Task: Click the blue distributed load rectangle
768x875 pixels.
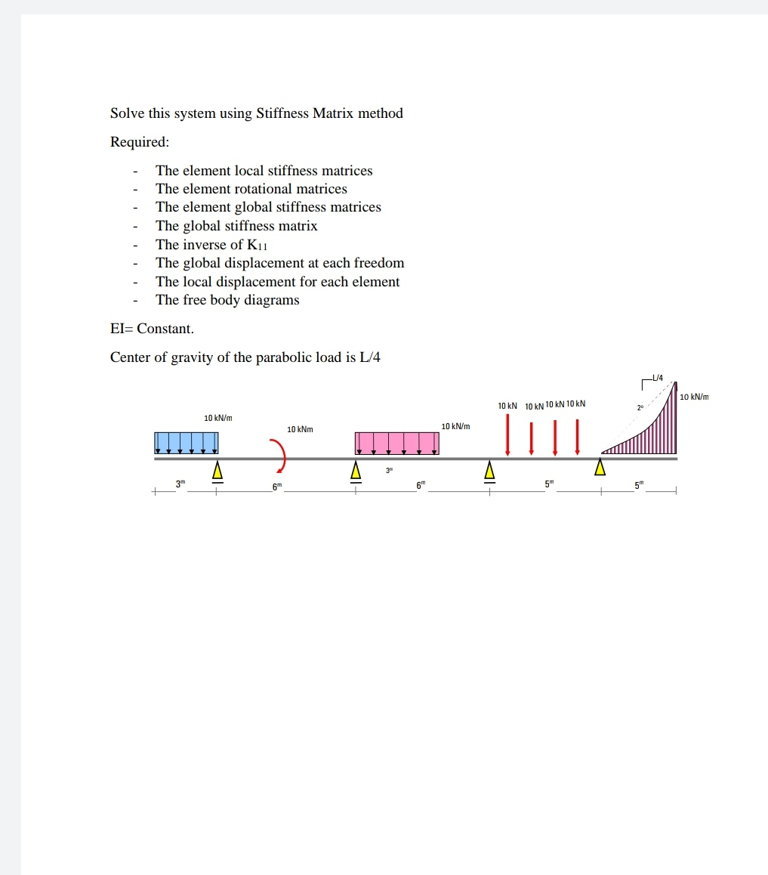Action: tap(186, 443)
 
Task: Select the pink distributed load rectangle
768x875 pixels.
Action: tap(396, 444)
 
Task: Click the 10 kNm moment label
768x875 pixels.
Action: tap(300, 429)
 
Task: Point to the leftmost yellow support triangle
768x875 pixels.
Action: tap(217, 470)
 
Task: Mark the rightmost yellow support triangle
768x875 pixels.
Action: tap(600, 467)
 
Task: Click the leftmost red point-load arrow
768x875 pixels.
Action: tap(507, 435)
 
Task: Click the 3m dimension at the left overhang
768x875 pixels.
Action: tap(180, 483)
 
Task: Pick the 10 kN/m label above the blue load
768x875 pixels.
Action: tap(218, 418)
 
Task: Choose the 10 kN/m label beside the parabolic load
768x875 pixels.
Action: tap(694, 397)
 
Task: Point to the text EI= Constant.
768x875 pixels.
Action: tap(152, 329)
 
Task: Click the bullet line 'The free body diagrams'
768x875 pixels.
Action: tap(227, 300)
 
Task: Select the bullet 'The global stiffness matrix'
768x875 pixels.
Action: tap(236, 226)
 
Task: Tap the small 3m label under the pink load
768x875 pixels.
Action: tap(390, 471)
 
